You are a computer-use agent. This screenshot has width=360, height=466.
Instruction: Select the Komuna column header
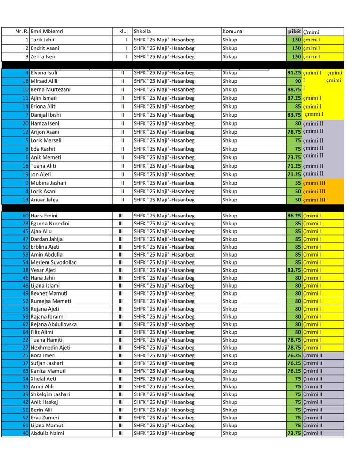[x=232, y=32]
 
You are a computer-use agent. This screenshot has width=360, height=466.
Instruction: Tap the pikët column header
[x=294, y=32]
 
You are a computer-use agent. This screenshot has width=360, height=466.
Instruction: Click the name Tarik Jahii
[x=42, y=40]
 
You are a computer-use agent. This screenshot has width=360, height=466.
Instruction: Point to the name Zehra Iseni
[x=43, y=57]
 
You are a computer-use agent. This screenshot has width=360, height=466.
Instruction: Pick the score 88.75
[x=294, y=89]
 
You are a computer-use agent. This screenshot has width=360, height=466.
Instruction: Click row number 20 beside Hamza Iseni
[x=26, y=123]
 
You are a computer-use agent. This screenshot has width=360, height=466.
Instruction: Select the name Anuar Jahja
[x=44, y=200]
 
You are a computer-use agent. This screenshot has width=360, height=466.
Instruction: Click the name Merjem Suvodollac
[x=53, y=262]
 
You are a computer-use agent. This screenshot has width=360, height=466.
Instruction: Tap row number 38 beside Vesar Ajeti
[x=26, y=270]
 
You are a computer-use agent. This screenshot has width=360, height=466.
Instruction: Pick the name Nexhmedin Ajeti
[x=50, y=348]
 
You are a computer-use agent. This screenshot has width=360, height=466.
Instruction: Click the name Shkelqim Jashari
[x=50, y=394]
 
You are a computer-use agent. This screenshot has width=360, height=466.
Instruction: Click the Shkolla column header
[x=142, y=32]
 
